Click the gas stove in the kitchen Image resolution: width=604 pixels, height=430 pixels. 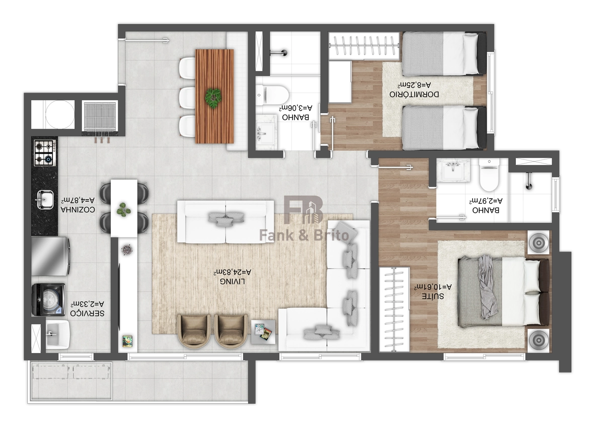pos(45,153)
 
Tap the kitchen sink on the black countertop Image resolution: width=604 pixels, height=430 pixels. pos(45,200)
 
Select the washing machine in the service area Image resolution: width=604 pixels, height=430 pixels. pos(48,300)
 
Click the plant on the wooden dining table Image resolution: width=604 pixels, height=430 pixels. pos(213,99)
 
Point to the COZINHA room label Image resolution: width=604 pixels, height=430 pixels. pos(78,210)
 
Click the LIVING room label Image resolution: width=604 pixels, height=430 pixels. pos(233,282)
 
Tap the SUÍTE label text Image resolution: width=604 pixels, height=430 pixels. pos(433,296)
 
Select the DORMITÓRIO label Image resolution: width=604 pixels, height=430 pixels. pos(414,95)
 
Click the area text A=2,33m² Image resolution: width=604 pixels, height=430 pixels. pos(88,304)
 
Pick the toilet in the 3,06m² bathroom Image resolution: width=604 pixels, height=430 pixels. pos(272,95)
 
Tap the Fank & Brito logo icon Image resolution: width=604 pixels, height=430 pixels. pos(304,210)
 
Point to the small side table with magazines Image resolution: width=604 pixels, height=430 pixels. pos(263,332)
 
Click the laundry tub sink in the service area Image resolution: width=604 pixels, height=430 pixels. pos(58,334)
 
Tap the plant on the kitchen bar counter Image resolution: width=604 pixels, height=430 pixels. pos(124,210)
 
